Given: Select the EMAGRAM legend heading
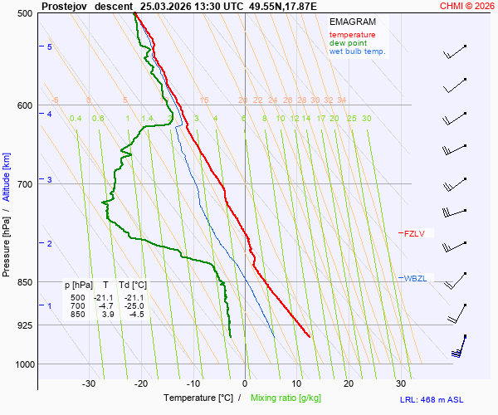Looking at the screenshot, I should (x=352, y=22).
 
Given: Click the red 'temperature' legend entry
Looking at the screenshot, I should (x=352, y=35).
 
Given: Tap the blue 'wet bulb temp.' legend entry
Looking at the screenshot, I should (x=357, y=51).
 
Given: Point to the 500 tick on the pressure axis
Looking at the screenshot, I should (x=22, y=13).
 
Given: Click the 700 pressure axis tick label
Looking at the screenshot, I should (x=22, y=183).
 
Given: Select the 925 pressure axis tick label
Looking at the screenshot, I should (x=22, y=325).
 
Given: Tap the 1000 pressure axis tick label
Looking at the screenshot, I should (x=21, y=364).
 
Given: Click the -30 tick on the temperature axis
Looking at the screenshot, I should (x=89, y=383).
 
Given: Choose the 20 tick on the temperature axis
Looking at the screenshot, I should (x=349, y=383).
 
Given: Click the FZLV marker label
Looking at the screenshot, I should (x=414, y=234).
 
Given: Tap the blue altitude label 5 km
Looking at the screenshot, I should (x=50, y=47).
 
